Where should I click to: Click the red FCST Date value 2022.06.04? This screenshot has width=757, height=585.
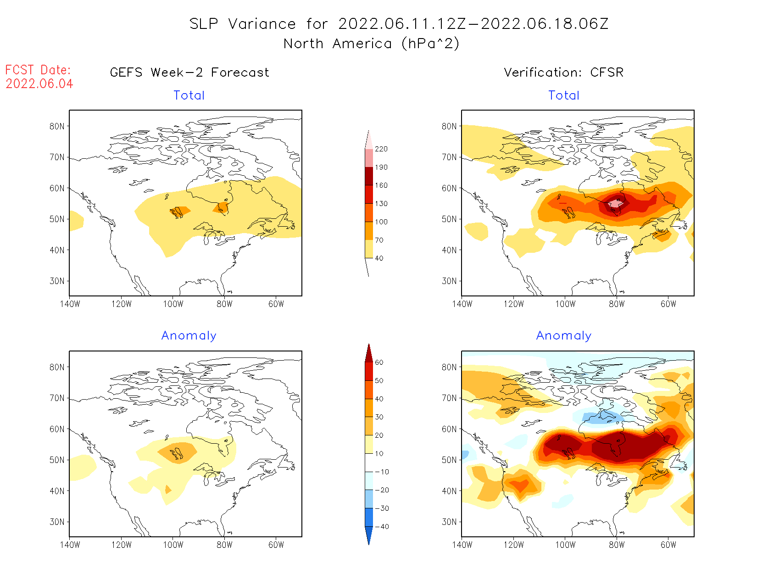39,84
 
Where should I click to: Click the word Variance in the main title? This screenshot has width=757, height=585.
262,24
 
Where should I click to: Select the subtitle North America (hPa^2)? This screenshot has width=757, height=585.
371,44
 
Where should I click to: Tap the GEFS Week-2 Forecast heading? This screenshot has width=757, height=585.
189,72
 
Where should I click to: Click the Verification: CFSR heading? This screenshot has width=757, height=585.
563,72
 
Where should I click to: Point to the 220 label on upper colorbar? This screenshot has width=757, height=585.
381,149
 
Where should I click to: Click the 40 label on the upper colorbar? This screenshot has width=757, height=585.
379,258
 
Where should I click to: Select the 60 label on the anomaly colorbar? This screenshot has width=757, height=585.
379,362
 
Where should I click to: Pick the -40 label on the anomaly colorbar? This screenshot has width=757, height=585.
382,527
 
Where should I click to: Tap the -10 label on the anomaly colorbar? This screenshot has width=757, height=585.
382,472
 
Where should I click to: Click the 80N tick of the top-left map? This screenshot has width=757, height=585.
57,126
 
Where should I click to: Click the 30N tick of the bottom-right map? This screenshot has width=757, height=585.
449,522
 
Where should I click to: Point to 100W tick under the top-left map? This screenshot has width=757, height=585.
173,304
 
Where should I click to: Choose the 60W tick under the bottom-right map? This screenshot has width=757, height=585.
668,545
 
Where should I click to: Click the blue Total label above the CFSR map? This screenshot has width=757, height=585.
564,95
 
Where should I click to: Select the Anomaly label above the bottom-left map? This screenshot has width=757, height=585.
189,335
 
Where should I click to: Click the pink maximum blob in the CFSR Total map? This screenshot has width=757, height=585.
615,203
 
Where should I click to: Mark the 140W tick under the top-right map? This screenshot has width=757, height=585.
462,304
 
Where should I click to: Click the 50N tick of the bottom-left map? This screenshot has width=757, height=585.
57,460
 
